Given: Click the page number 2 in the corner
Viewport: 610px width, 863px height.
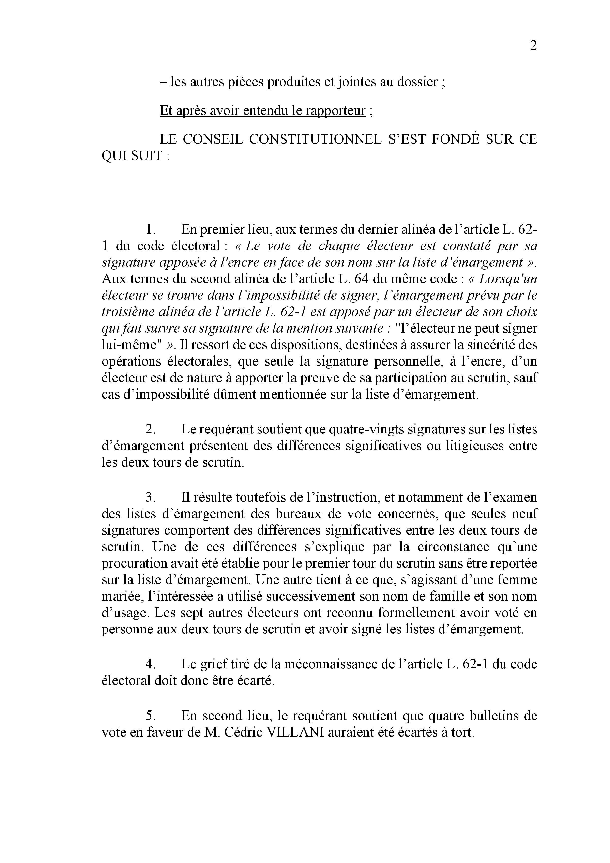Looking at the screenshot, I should tap(533, 46).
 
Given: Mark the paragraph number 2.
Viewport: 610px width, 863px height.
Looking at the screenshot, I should tap(150, 429).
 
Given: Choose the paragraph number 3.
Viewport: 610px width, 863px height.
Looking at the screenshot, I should tap(150, 497).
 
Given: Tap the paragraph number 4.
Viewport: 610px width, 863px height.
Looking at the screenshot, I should tap(150, 664).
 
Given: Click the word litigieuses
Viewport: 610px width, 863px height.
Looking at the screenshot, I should tap(473, 446).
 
